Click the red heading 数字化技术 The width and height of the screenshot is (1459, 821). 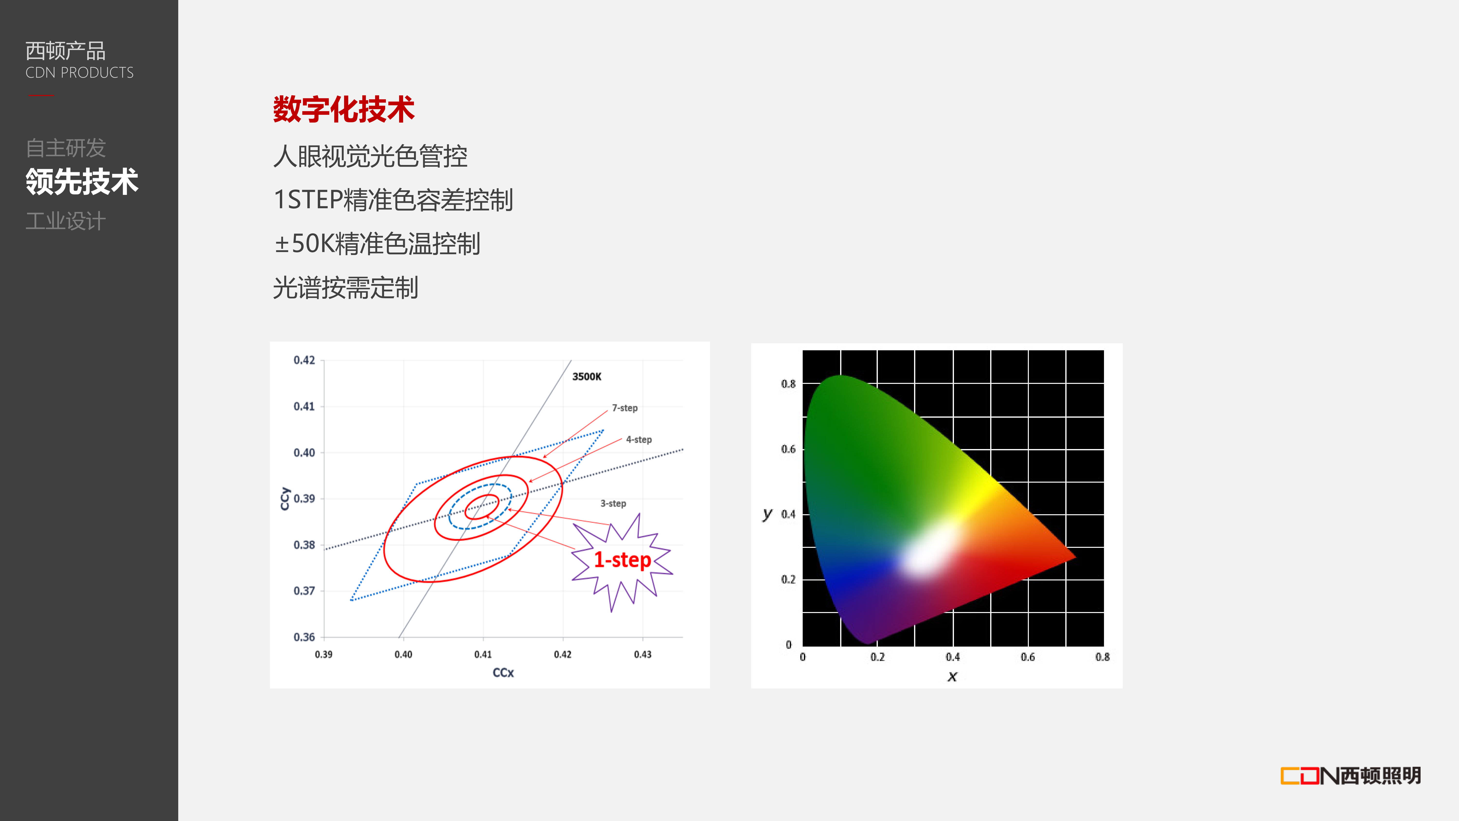(x=344, y=109)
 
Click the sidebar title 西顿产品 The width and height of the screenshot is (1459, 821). (x=66, y=51)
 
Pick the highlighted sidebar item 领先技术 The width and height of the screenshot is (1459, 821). (x=82, y=182)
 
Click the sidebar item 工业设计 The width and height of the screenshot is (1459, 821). (x=66, y=221)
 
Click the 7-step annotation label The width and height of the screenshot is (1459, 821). (x=625, y=408)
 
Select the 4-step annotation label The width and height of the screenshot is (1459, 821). (x=639, y=440)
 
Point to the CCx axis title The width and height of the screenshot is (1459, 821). (x=503, y=673)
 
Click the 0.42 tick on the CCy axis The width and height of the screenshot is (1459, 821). (x=304, y=360)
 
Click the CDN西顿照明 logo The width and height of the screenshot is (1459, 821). (x=1351, y=776)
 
